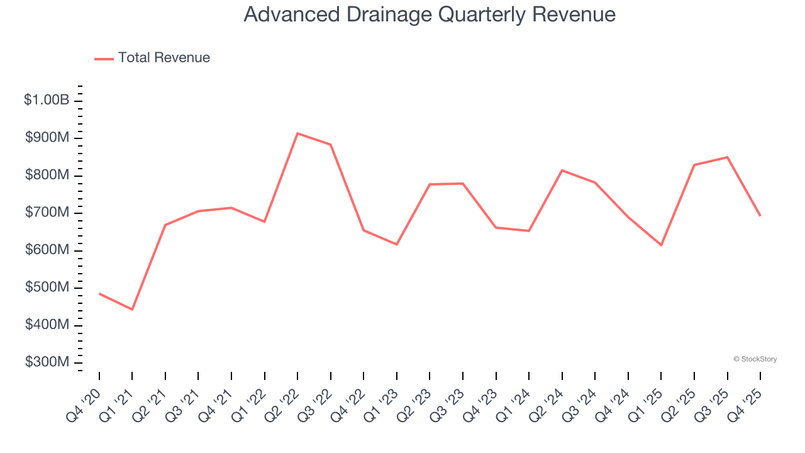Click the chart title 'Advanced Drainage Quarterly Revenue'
(x=430, y=14)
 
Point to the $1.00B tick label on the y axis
(x=47, y=100)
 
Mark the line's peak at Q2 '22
(x=297, y=133)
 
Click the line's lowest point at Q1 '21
(x=132, y=310)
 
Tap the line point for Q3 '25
(x=728, y=157)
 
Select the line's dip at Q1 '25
(x=662, y=245)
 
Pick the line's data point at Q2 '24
(x=562, y=171)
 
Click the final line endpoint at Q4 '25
(x=760, y=216)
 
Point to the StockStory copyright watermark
(x=755, y=359)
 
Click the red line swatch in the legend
(x=104, y=59)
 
